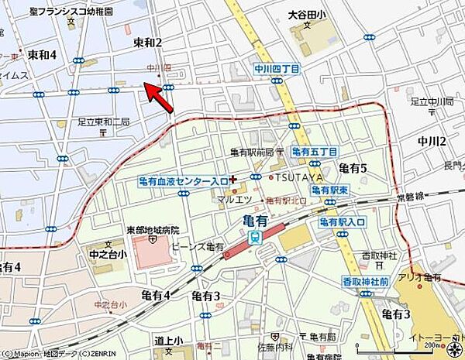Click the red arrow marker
158,97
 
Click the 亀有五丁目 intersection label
315,152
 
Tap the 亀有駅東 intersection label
329,190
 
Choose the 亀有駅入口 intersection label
341,222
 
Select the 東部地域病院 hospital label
153,230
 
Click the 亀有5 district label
353,169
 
